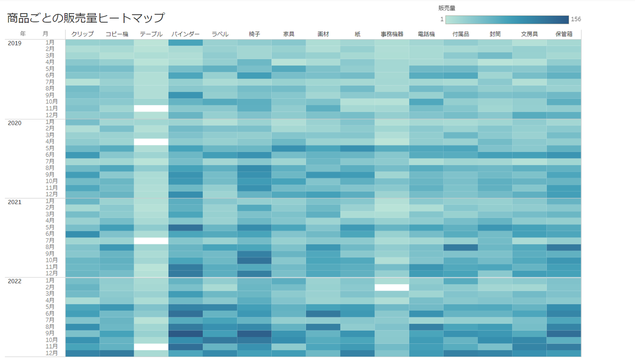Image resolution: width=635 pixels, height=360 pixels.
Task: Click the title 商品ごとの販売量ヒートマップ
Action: click(86, 18)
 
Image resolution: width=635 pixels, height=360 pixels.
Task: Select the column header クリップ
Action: click(82, 34)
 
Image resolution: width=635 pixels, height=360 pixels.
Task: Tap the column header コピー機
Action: click(116, 34)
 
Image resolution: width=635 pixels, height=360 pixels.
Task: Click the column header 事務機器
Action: click(392, 34)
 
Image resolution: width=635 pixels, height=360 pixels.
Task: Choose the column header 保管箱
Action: click(564, 34)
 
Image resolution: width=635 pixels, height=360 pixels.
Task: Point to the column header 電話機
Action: click(426, 34)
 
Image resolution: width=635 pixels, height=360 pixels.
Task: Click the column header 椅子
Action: click(254, 34)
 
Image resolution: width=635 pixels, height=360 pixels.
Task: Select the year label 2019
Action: click(15, 43)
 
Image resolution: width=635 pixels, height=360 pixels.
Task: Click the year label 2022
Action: click(15, 281)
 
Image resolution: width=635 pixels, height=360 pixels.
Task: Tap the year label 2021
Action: click(15, 202)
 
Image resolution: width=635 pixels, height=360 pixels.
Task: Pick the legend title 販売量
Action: click(447, 8)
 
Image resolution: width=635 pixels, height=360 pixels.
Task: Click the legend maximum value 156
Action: click(576, 19)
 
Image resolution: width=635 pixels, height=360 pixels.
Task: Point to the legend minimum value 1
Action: click(441, 19)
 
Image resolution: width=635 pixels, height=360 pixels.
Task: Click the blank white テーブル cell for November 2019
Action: click(151, 108)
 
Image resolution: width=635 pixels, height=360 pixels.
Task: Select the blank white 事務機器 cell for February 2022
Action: click(392, 287)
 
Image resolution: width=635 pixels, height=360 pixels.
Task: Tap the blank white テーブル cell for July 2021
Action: click(151, 241)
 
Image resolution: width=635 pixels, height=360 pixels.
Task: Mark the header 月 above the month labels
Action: click(45, 34)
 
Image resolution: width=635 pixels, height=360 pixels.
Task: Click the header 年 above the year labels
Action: click(22, 34)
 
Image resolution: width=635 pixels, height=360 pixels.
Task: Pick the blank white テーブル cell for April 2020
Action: click(151, 142)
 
